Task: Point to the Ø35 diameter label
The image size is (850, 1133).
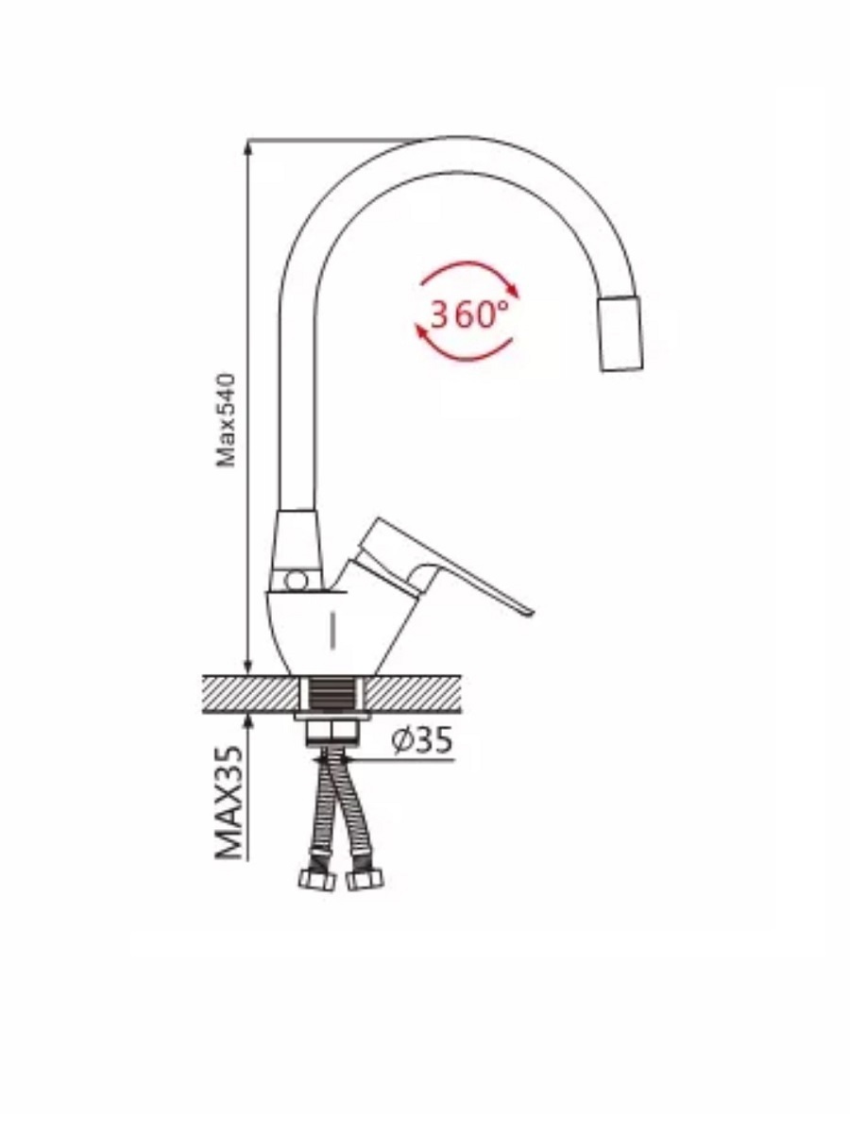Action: click(x=421, y=740)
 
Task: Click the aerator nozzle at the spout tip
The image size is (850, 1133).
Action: click(x=620, y=333)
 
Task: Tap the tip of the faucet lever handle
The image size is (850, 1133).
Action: click(x=529, y=612)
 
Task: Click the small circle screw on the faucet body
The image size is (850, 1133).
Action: click(x=295, y=582)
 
